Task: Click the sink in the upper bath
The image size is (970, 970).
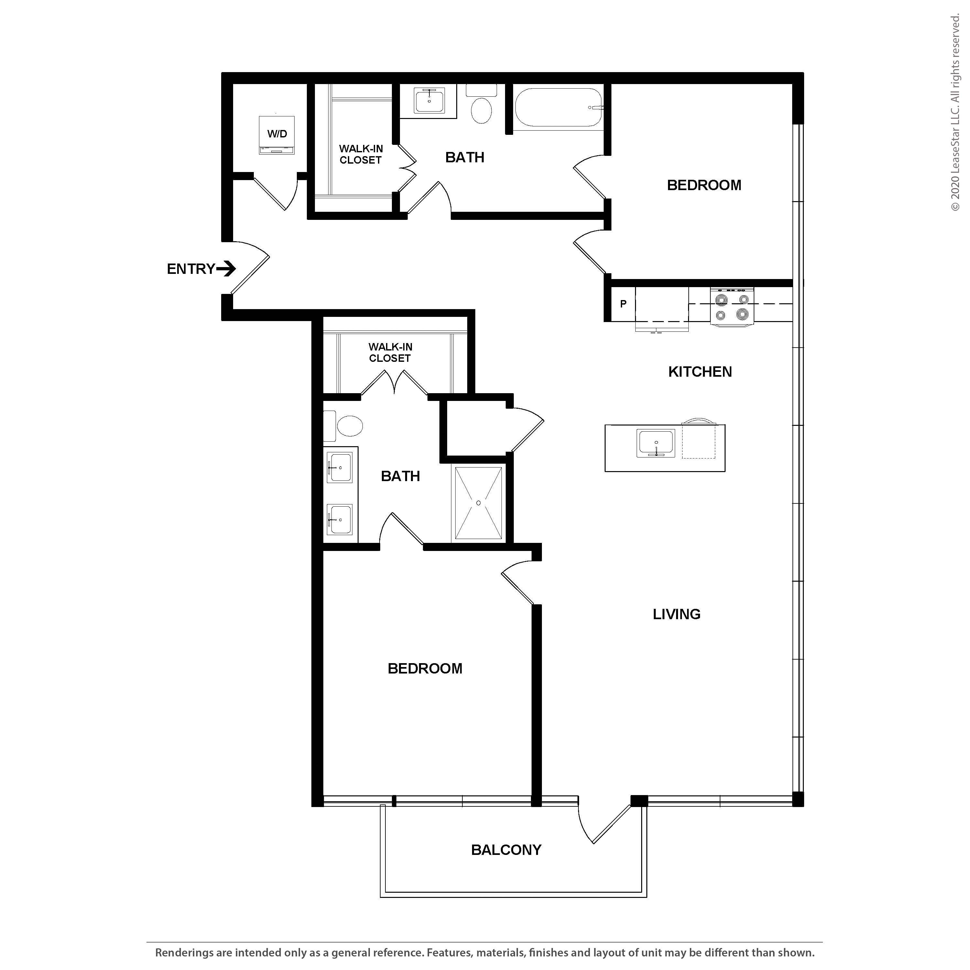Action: (x=430, y=101)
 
